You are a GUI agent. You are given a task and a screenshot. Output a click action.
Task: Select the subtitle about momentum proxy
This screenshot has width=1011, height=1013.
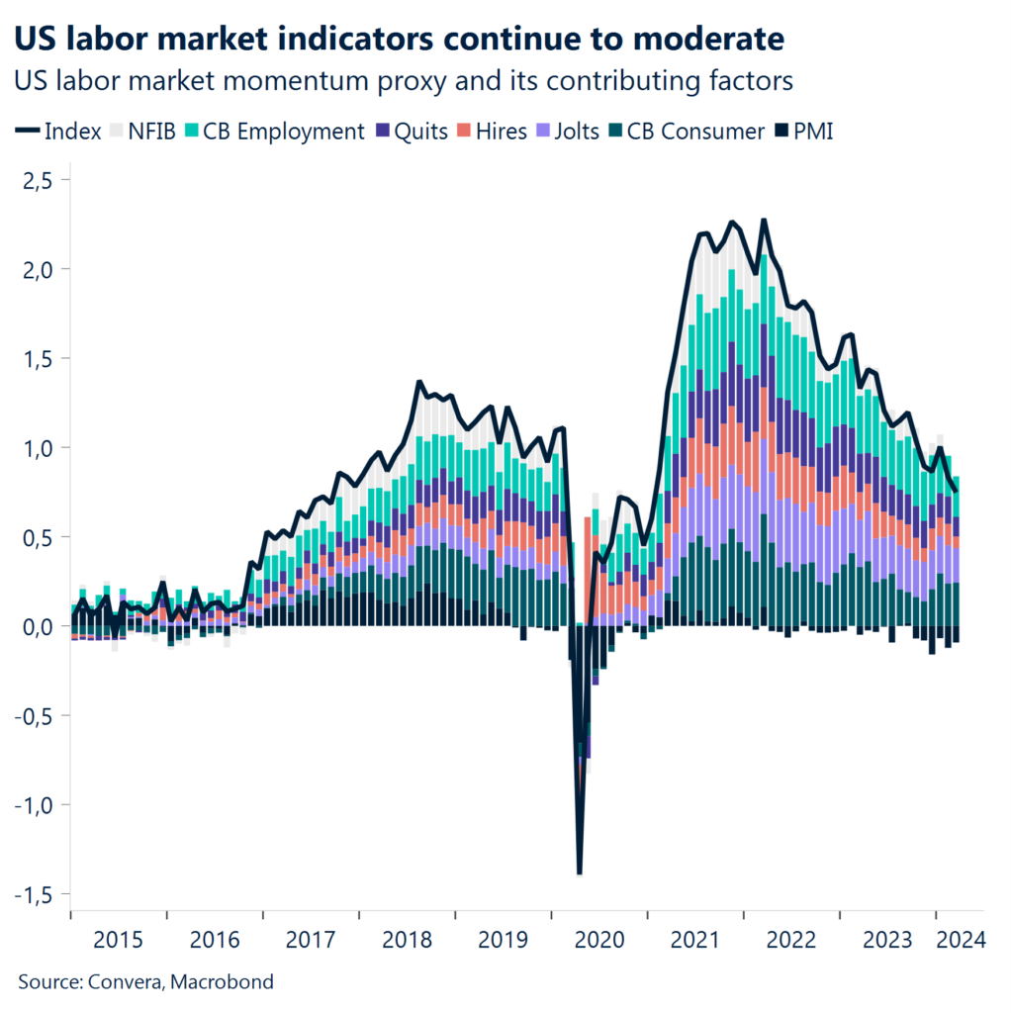[405, 81]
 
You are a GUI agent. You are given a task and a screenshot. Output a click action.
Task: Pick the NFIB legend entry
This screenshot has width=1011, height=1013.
[142, 131]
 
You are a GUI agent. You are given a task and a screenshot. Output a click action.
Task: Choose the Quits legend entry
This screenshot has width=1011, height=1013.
[412, 131]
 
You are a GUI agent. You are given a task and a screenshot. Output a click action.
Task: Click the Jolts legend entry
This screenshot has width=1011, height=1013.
[564, 131]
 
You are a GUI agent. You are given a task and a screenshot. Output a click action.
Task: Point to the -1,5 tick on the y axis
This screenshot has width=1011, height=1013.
[37, 894]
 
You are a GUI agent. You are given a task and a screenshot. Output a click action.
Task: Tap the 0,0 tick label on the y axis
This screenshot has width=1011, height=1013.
[42, 626]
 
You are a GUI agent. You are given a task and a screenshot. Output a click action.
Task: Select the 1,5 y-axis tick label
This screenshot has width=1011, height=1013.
[42, 358]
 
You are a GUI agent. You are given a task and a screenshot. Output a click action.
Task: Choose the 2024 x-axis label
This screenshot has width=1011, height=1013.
[959, 939]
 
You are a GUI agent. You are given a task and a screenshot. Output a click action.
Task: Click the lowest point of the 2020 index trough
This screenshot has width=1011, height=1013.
[579, 874]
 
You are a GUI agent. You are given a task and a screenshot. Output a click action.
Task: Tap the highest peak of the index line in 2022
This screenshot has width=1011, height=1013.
[764, 220]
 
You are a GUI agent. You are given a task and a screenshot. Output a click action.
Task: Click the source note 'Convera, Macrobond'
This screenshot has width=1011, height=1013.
[146, 982]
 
